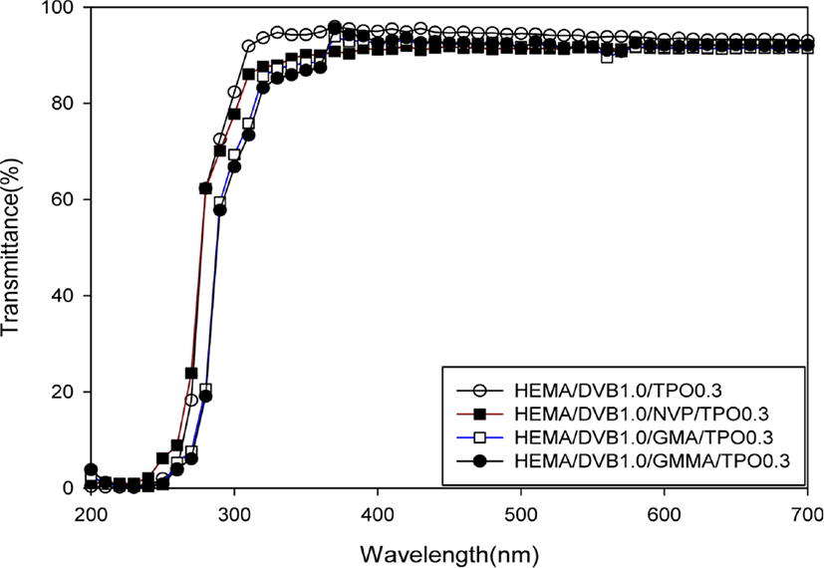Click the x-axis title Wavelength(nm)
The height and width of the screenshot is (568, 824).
(449, 554)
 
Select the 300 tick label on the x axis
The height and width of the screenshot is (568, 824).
(234, 512)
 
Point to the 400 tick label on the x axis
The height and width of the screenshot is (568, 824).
(378, 512)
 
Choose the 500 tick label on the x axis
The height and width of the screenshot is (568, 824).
(521, 512)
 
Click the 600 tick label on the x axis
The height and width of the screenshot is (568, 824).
(665, 512)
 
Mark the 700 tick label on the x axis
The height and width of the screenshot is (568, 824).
(807, 512)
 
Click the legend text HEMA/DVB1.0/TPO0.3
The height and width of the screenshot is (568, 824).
(618, 391)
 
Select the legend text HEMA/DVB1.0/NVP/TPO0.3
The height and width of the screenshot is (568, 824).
(642, 415)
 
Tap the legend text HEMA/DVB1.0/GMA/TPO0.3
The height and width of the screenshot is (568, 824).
(644, 437)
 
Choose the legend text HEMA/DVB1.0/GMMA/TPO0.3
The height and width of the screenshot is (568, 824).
(653, 460)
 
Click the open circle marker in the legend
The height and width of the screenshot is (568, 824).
(479, 391)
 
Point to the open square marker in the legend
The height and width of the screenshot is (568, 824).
(479, 437)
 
